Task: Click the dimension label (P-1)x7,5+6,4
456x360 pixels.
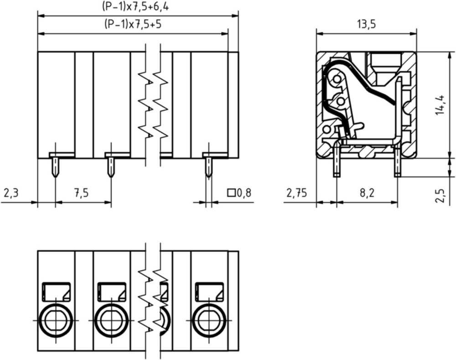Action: [x=135, y=6]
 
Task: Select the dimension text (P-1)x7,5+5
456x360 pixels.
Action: [x=133, y=24]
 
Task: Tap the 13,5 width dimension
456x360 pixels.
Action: [x=367, y=25]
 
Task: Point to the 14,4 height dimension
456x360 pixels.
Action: [x=440, y=105]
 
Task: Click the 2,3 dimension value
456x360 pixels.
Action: [x=11, y=193]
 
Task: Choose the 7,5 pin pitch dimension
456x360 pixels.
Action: [x=82, y=193]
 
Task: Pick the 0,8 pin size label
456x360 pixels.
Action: [x=244, y=193]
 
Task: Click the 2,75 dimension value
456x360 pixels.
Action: [x=296, y=193]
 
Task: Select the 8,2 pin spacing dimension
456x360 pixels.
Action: [x=367, y=193]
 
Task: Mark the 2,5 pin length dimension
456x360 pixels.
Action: [x=440, y=196]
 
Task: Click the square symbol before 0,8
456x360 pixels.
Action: [x=231, y=193]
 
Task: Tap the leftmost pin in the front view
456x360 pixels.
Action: [x=55, y=167]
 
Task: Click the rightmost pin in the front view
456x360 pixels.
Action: [x=208, y=167]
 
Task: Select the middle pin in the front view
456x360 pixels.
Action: [x=110, y=167]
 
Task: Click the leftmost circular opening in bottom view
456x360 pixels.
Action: [x=56, y=320]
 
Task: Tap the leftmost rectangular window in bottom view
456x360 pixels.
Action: [x=57, y=292]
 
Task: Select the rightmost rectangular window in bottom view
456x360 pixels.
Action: [x=209, y=292]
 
